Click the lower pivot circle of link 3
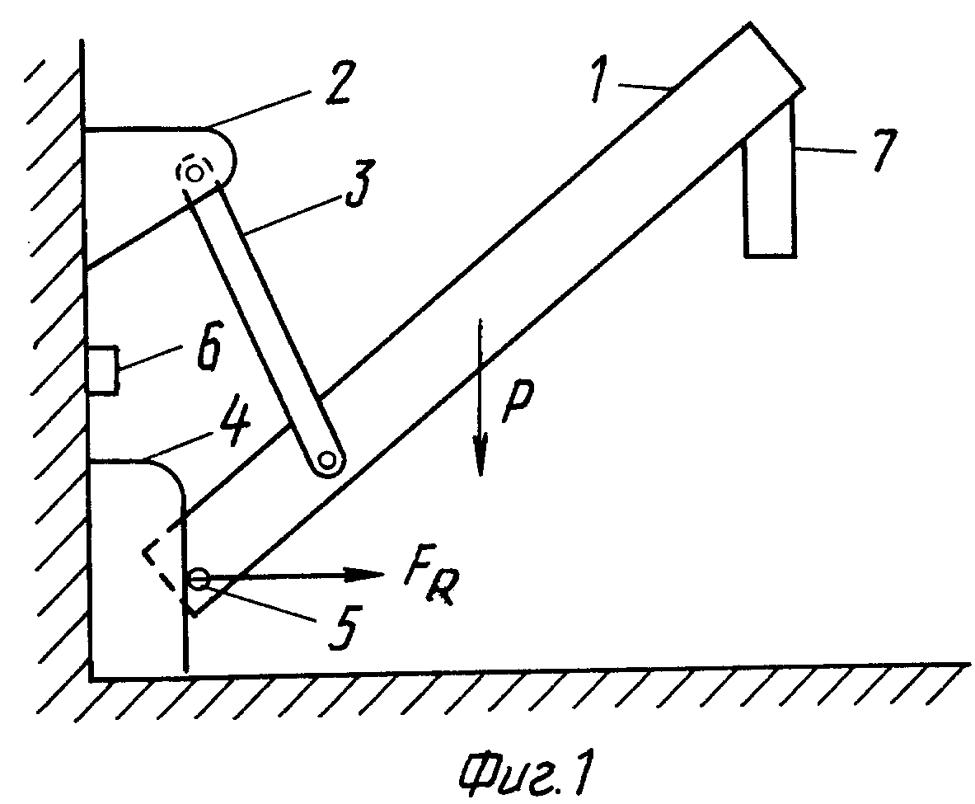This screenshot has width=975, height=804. [x=326, y=461]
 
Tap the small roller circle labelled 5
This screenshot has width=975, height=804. [x=199, y=580]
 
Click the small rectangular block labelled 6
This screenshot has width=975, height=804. [x=102, y=370]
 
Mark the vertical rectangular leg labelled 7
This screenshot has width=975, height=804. [x=771, y=186]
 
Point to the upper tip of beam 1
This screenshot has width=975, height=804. [x=751, y=24]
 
